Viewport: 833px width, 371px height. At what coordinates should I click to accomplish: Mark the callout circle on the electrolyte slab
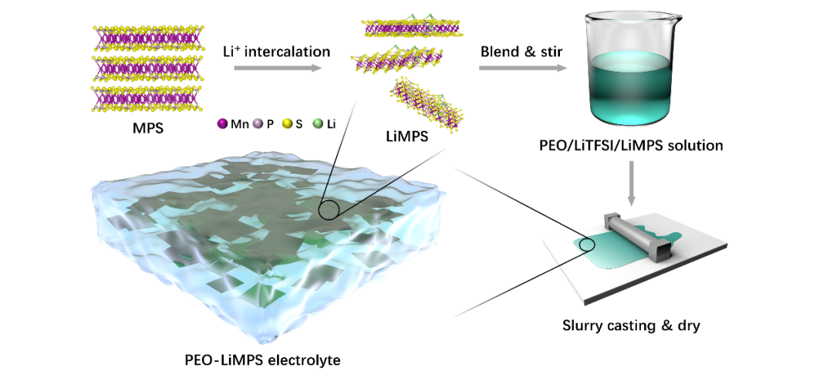click(332, 208)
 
